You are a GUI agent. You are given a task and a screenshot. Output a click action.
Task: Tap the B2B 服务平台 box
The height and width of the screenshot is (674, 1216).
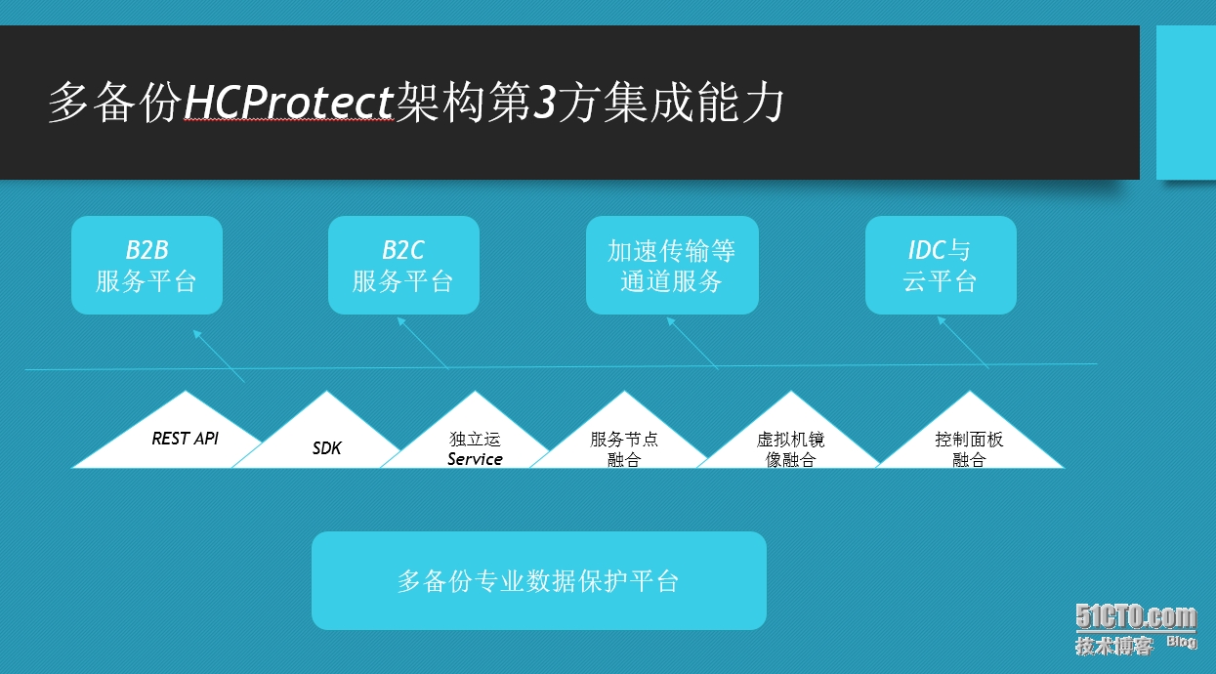[147, 266]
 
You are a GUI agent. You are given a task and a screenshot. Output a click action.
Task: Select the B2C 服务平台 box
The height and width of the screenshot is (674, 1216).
[403, 266]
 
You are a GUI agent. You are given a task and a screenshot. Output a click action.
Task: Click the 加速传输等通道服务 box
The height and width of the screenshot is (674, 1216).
[672, 266]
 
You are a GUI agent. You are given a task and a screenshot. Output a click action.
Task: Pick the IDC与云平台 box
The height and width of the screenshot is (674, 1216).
[941, 266]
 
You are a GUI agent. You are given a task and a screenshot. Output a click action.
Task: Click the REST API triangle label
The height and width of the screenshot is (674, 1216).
[185, 439]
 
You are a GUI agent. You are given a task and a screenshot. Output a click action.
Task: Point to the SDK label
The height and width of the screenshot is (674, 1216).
[327, 448]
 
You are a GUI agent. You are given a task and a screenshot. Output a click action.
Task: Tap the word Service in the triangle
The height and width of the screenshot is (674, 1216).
[475, 459]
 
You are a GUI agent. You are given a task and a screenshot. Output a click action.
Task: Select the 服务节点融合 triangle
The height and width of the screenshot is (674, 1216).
[624, 449]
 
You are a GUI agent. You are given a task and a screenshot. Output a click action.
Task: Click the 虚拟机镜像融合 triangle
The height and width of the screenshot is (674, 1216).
[790, 449]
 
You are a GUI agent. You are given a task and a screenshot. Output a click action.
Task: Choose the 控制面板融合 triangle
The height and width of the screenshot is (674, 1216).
[969, 449]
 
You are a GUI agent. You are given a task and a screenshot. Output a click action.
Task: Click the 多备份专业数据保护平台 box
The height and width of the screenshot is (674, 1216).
[538, 581]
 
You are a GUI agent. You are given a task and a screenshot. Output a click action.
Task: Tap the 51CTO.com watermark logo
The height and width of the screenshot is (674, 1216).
[1135, 617]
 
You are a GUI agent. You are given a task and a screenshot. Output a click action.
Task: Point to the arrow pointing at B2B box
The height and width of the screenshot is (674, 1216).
[219, 356]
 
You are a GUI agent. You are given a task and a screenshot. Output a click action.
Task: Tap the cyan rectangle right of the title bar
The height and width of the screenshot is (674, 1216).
[1186, 103]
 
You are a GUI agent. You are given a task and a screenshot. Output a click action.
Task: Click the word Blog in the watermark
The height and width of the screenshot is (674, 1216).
[1180, 642]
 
